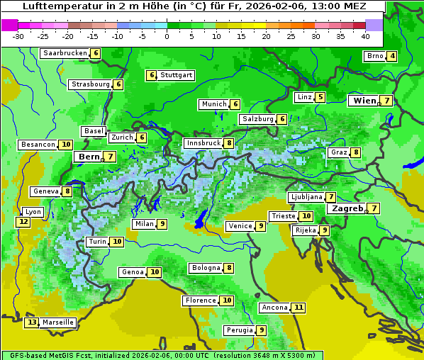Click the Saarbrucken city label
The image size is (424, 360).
65,53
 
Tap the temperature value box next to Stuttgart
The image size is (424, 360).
151,75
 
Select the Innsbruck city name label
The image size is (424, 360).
203,143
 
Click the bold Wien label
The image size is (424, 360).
364,101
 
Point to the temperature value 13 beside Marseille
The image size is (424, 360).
31,322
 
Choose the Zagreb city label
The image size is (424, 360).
347,208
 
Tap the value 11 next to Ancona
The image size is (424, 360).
299,308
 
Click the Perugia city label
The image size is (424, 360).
239,330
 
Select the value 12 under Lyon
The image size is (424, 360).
23,222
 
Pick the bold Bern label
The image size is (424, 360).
89,157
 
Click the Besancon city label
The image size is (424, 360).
38,145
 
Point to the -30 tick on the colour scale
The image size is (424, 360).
18,36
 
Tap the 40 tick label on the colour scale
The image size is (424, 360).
365,36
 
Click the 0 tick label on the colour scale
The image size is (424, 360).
167,36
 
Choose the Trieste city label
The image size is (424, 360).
283,216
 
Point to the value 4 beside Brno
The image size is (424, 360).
392,57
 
